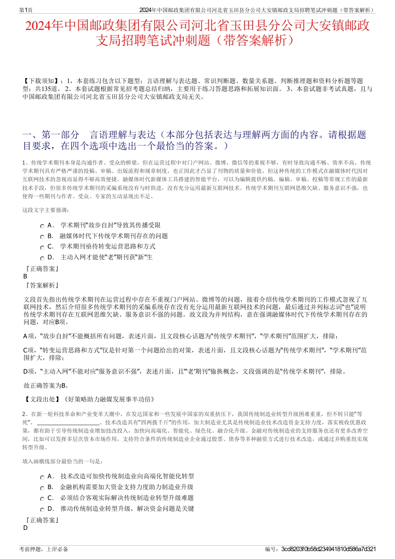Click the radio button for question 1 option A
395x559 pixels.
point(42,226)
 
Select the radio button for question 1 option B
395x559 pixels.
point(42,237)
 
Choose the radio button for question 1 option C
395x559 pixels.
point(42,248)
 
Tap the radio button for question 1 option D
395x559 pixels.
point(42,259)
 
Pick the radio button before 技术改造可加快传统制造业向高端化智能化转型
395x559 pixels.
point(42,478)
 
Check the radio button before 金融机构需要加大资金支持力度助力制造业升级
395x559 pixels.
point(42,488)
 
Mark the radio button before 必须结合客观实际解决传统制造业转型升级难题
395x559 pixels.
point(42,499)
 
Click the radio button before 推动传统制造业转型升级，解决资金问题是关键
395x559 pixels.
point(42,510)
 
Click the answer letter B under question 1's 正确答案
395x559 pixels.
point(25,276)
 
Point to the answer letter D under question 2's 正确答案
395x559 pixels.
point(25,528)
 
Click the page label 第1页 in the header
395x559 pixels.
point(26,10)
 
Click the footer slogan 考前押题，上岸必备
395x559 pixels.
point(44,549)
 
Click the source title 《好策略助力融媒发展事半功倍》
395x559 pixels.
point(109,399)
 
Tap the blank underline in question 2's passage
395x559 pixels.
point(67,422)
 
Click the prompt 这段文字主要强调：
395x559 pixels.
point(46,210)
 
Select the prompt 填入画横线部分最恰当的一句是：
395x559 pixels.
point(62,461)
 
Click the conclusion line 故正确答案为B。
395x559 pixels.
point(47,385)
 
